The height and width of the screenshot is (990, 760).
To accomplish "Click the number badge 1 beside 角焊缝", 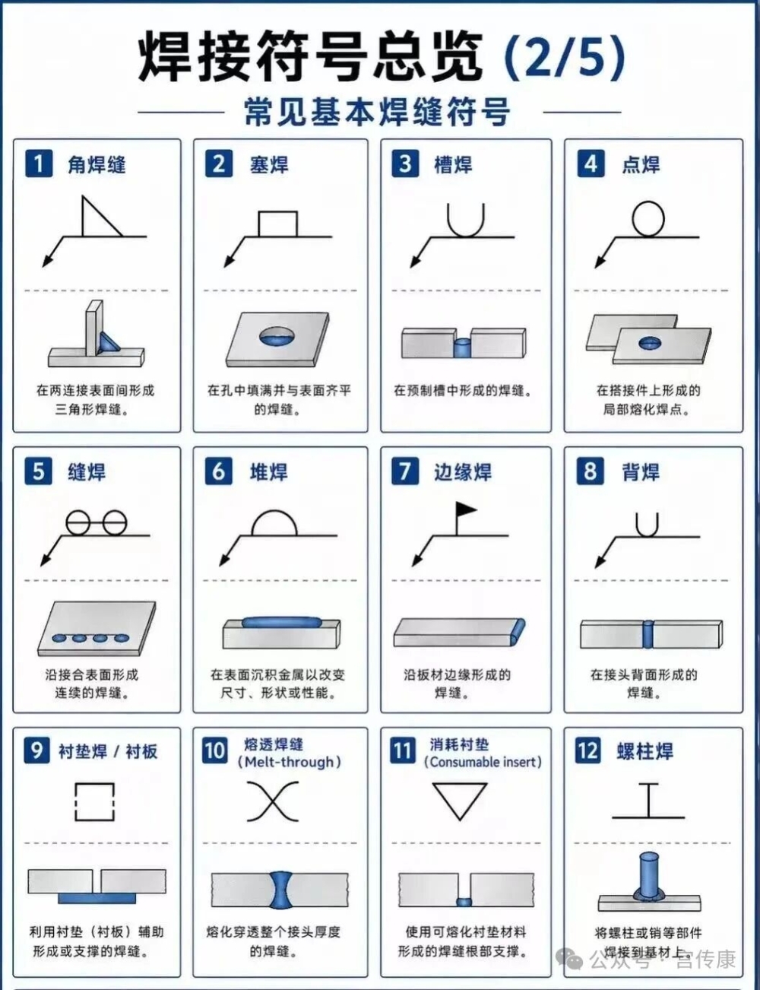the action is pyautogui.click(x=39, y=163).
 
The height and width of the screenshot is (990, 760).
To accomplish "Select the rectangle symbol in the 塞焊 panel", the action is pyautogui.click(x=277, y=212).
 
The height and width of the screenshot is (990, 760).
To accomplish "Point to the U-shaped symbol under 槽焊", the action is pyautogui.click(x=465, y=235).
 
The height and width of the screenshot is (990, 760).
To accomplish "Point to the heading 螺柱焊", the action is pyautogui.click(x=644, y=751).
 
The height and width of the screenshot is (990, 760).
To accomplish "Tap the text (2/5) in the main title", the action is pyautogui.click(x=565, y=58).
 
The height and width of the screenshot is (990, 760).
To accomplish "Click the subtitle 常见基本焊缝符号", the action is pyautogui.click(x=377, y=112).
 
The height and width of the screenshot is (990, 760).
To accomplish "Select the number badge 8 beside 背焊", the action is pyautogui.click(x=591, y=471).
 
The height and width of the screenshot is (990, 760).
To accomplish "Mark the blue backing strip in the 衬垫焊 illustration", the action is pyautogui.click(x=97, y=898).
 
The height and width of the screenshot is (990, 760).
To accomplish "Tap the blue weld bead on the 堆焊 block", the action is pyautogui.click(x=282, y=622).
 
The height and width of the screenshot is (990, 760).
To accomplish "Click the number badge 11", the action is pyautogui.click(x=403, y=750).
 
